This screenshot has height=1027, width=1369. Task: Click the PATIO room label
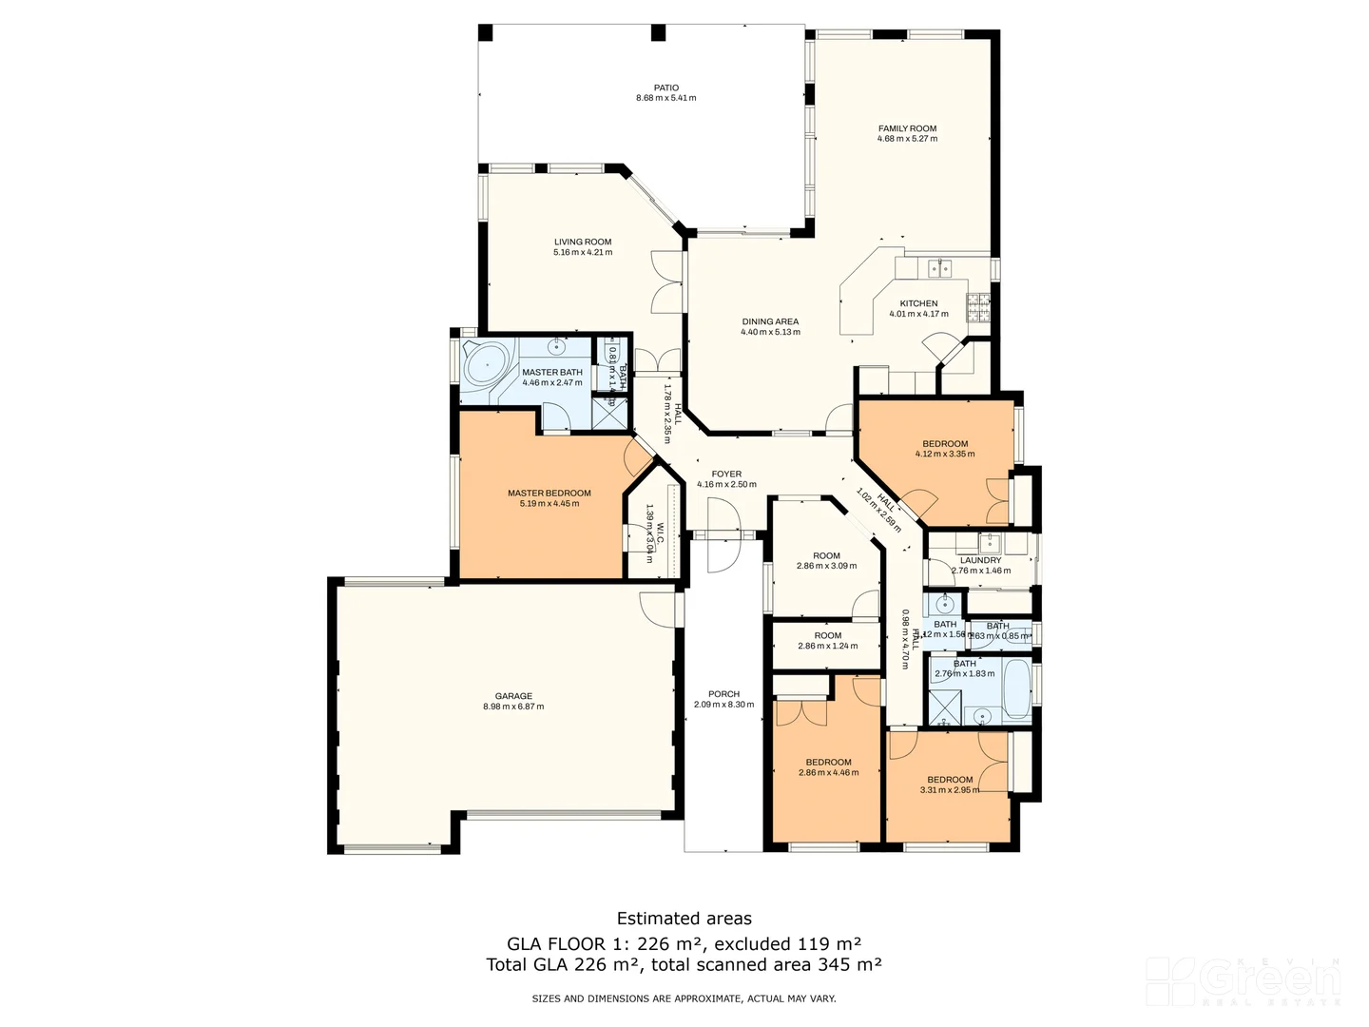tap(665, 87)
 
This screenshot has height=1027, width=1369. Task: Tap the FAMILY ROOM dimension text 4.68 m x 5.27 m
tap(907, 139)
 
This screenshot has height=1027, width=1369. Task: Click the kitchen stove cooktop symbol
tap(977, 306)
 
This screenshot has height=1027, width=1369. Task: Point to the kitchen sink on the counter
tap(940, 267)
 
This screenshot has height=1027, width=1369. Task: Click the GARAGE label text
tap(513, 696)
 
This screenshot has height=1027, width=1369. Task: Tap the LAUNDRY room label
tap(980, 560)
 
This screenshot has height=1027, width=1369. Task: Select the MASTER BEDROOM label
tap(549, 493)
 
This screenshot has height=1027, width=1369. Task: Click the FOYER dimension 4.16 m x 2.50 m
tap(726, 484)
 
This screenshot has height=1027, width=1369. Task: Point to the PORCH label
tap(723, 694)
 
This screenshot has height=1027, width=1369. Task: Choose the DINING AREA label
tap(770, 321)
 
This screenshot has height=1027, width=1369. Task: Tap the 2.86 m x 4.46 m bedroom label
tap(828, 772)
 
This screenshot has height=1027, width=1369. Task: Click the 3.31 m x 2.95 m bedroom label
tap(949, 789)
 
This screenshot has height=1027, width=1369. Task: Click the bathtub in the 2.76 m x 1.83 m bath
tap(1015, 688)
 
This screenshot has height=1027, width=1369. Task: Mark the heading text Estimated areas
tap(684, 919)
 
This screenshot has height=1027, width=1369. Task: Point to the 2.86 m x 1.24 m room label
tap(827, 646)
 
